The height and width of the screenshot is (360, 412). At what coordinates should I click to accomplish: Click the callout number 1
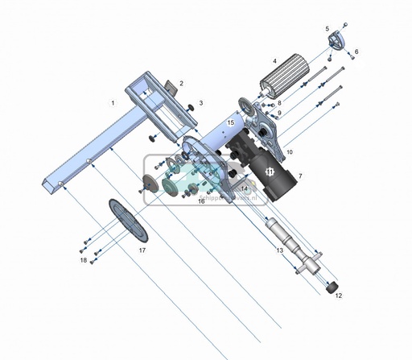point(113,103)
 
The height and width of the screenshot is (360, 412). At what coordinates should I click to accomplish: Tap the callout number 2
point(181,83)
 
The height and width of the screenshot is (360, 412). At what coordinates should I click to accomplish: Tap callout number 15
point(230,122)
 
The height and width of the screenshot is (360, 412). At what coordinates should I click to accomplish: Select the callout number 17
point(142,250)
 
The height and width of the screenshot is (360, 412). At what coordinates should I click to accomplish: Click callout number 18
point(83,260)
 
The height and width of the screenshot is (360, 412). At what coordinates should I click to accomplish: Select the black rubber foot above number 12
point(330,285)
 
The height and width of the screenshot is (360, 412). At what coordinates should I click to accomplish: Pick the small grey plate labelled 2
point(170,86)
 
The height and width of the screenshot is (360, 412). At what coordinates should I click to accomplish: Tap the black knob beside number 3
point(189,106)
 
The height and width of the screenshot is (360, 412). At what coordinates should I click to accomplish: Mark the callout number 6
point(356,52)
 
